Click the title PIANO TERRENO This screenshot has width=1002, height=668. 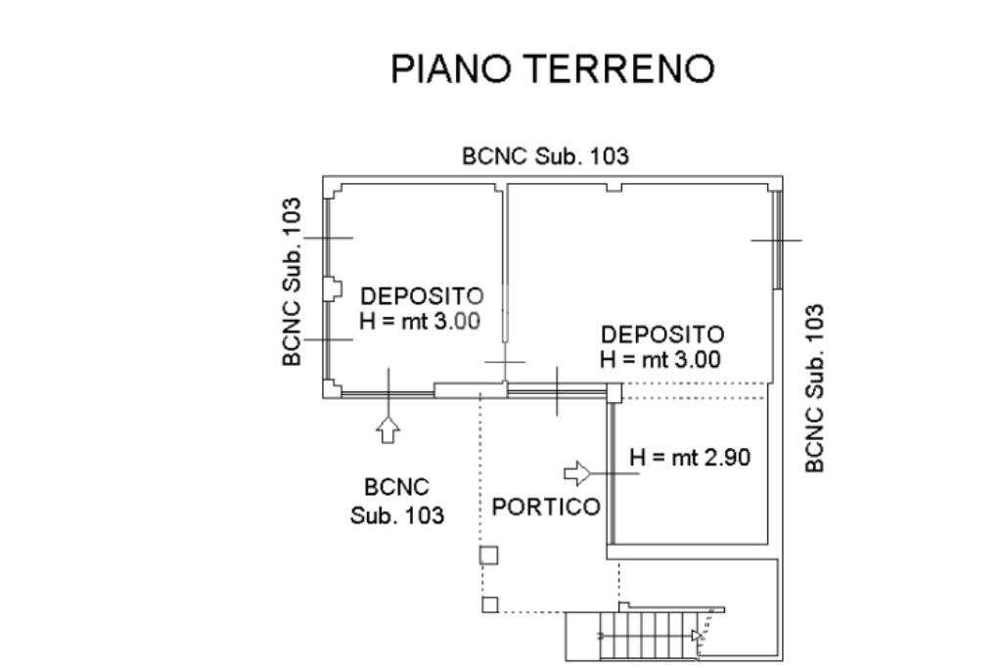(553, 69)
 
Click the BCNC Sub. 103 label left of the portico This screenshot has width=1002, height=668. (396, 500)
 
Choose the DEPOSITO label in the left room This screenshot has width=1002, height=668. (422, 295)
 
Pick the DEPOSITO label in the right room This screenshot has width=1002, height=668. (662, 334)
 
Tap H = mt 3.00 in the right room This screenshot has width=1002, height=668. (660, 359)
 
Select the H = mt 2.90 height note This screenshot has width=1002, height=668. (690, 456)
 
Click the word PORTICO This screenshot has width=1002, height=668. (546, 508)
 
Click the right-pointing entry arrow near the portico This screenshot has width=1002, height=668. (578, 474)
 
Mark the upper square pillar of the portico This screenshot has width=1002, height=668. (489, 556)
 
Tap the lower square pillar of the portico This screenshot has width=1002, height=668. (489, 604)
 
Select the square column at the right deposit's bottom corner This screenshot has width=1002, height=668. (614, 392)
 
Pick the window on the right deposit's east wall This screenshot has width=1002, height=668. (778, 240)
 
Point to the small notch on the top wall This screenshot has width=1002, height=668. (614, 185)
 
